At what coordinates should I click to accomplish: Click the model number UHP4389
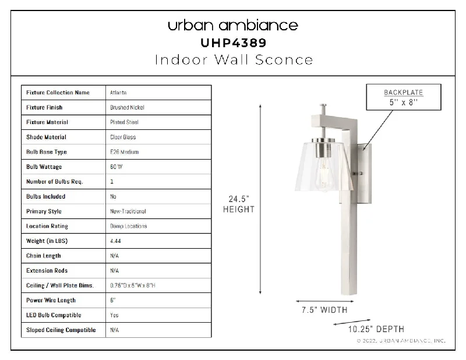pyautogui.click(x=234, y=43)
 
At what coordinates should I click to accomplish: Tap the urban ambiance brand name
pyautogui.click(x=233, y=25)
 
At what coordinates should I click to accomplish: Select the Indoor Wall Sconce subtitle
pyautogui.click(x=234, y=60)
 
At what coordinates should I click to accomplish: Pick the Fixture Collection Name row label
pyautogui.click(x=58, y=93)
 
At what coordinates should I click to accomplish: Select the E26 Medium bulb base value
pyautogui.click(x=124, y=152)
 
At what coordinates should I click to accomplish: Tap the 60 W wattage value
pyautogui.click(x=116, y=167)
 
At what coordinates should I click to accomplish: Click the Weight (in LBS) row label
pyautogui.click(x=47, y=241)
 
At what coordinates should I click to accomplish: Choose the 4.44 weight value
pyautogui.click(x=115, y=241)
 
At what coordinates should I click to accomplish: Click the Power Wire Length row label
pyautogui.click(x=51, y=300)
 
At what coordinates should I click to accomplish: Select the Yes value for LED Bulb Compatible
pyautogui.click(x=114, y=315)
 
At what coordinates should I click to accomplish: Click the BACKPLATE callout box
pyautogui.click(x=404, y=97)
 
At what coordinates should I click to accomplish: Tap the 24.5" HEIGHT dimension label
pyautogui.click(x=239, y=204)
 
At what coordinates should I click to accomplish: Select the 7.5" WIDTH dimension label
pyautogui.click(x=324, y=310)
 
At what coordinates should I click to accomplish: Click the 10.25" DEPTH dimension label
pyautogui.click(x=376, y=329)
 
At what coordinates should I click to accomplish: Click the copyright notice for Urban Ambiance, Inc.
pyautogui.click(x=401, y=341)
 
